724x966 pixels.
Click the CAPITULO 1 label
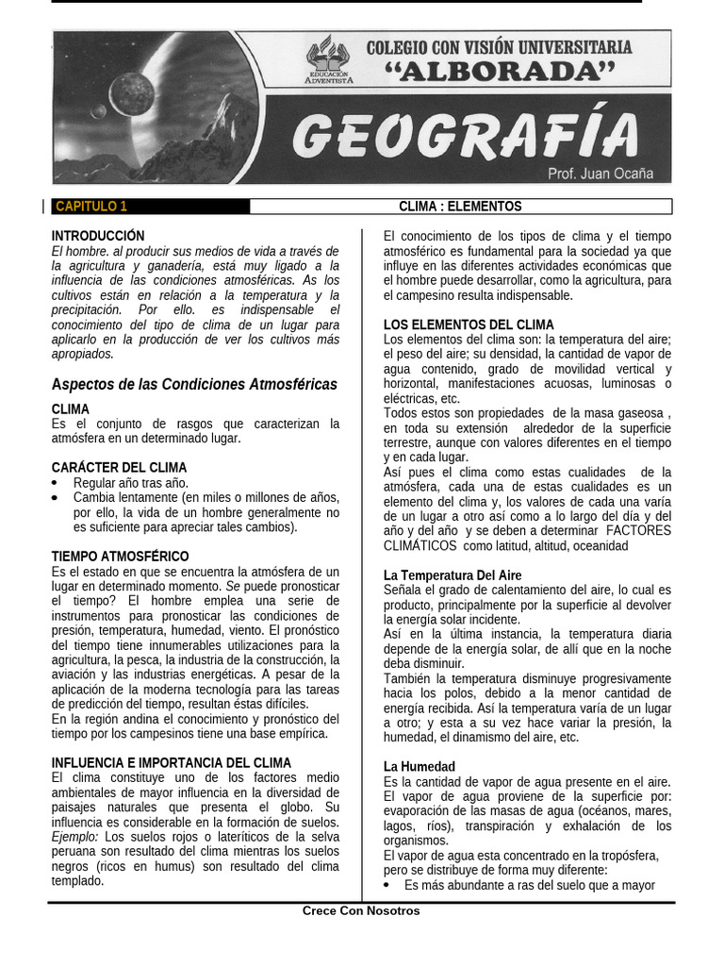pyautogui.click(x=90, y=207)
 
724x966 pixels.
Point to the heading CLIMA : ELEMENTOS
pyautogui.click(x=460, y=207)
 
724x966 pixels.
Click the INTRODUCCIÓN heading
pyautogui.click(x=98, y=235)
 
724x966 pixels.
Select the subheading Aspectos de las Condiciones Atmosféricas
pyautogui.click(x=193, y=385)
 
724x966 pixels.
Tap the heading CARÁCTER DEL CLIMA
pyautogui.click(x=119, y=467)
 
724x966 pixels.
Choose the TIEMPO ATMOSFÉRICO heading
pyautogui.click(x=120, y=557)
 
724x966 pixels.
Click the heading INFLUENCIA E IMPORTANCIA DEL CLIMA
pyautogui.click(x=171, y=762)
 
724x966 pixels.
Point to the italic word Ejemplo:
pyautogui.click(x=75, y=837)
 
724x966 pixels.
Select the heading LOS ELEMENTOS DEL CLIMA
pyautogui.click(x=469, y=325)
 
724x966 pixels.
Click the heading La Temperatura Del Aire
pyautogui.click(x=452, y=575)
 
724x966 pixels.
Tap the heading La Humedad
pyautogui.click(x=419, y=767)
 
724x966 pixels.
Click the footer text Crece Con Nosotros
pyautogui.click(x=361, y=911)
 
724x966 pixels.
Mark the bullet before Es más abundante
pyautogui.click(x=389, y=886)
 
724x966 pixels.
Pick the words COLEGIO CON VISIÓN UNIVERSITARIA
pyautogui.click(x=499, y=46)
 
